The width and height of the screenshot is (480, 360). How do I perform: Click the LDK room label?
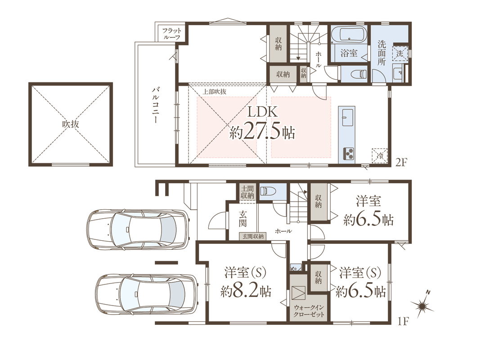pyautogui.click(x=262, y=112)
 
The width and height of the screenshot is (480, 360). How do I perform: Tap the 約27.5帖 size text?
pyautogui.click(x=262, y=133)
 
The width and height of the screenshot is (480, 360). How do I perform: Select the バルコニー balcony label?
pyautogui.click(x=156, y=105)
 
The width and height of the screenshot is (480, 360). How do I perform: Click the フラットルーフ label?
pyautogui.click(x=172, y=34)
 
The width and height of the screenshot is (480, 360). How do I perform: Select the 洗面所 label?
pyautogui.click(x=381, y=53)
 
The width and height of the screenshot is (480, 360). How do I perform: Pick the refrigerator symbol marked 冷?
pyautogui.click(x=380, y=156)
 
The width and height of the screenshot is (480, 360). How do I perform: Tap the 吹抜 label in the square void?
pyautogui.click(x=71, y=124)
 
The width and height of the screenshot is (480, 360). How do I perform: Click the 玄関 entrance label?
pyautogui.click(x=243, y=218)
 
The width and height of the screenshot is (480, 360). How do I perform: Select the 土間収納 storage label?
pyautogui.click(x=247, y=192)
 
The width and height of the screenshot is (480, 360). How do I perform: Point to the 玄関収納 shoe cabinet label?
pyautogui.click(x=253, y=236)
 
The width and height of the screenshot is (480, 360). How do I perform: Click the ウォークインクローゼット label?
pyautogui.click(x=309, y=311)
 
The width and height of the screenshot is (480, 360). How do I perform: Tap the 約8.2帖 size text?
pyautogui.click(x=246, y=291)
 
